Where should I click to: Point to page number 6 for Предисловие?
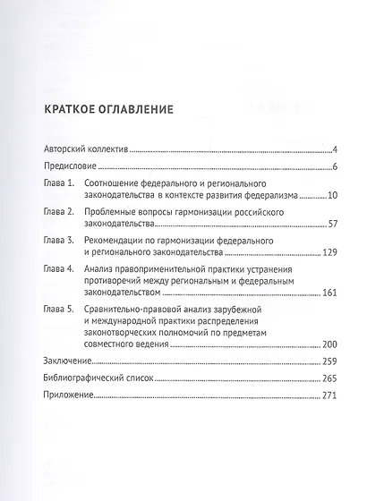333,167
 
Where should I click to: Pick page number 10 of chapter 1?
330,194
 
